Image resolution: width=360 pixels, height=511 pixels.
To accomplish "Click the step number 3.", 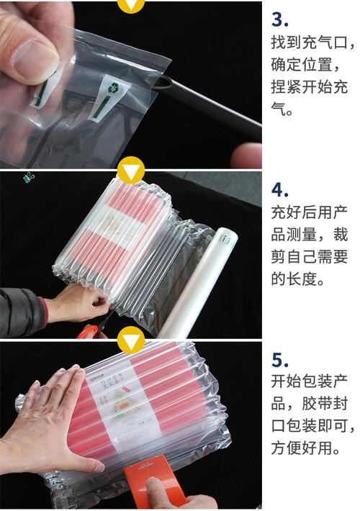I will tap(281, 19).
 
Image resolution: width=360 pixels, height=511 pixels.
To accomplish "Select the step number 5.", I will tap(280, 359).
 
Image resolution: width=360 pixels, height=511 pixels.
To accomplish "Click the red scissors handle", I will tap(89, 331).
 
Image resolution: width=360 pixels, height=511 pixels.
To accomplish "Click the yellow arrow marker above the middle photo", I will tap(130, 171).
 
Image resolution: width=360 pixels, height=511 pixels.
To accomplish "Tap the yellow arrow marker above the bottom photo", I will tap(130, 338).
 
